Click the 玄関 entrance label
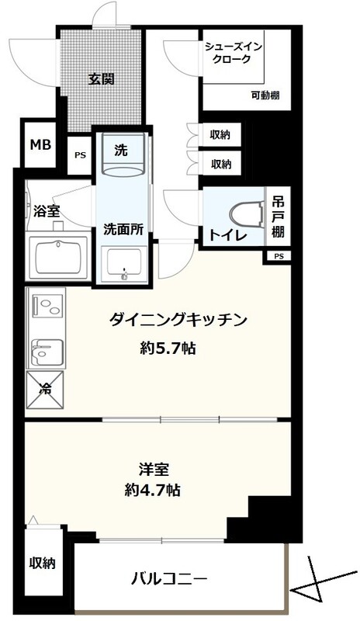pos(101,79)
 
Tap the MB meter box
pos(41,145)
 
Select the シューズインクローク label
pos(233,53)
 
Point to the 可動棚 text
pos(265,95)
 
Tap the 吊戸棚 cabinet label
pos(278,217)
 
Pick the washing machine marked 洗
pos(123,154)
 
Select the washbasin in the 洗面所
pos(124,264)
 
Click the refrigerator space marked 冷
pos(45,389)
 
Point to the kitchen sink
pos(47,352)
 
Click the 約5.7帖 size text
pos(168,348)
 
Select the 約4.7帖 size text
pos(153,491)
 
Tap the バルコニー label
pos(169,580)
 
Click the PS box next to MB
pos(81,155)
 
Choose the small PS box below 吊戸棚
pos(279,256)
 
